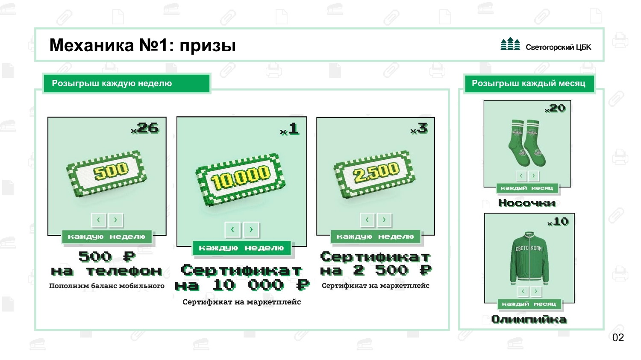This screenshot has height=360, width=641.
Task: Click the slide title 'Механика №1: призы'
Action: click(143, 45)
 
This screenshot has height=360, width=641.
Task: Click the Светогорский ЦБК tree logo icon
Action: click(510, 44)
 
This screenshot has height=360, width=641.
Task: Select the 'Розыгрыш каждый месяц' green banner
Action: click(528, 83)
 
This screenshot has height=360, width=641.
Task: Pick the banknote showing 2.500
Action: click(374, 173)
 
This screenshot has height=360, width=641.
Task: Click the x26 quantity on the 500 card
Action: click(145, 128)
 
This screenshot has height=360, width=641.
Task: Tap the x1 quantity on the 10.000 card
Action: click(290, 129)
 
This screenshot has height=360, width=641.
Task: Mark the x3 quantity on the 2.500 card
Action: click(419, 129)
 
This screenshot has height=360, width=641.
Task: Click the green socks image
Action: click(527, 143)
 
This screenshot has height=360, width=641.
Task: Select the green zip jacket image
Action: click(529, 258)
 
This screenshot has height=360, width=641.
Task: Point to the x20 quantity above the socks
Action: click(556, 108)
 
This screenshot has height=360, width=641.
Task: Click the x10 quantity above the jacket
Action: click(559, 222)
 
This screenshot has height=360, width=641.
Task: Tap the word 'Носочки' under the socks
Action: click(527, 203)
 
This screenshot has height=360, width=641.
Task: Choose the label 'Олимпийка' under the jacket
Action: click(529, 319)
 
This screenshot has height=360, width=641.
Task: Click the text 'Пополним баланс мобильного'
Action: click(107, 286)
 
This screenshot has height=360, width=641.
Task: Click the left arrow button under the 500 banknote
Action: click(99, 220)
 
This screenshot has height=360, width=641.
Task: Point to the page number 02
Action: click(618, 337)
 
